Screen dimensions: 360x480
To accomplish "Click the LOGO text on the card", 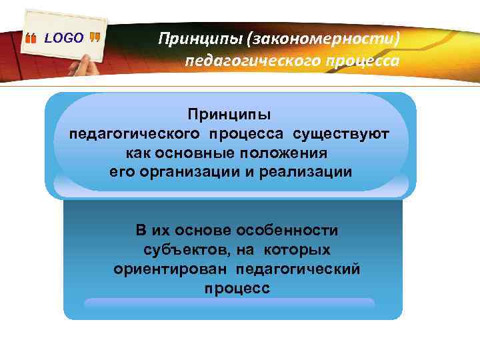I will tap(64, 38).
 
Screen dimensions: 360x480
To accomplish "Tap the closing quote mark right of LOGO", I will tap(95, 39).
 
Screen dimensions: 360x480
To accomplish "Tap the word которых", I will tap(297, 249).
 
